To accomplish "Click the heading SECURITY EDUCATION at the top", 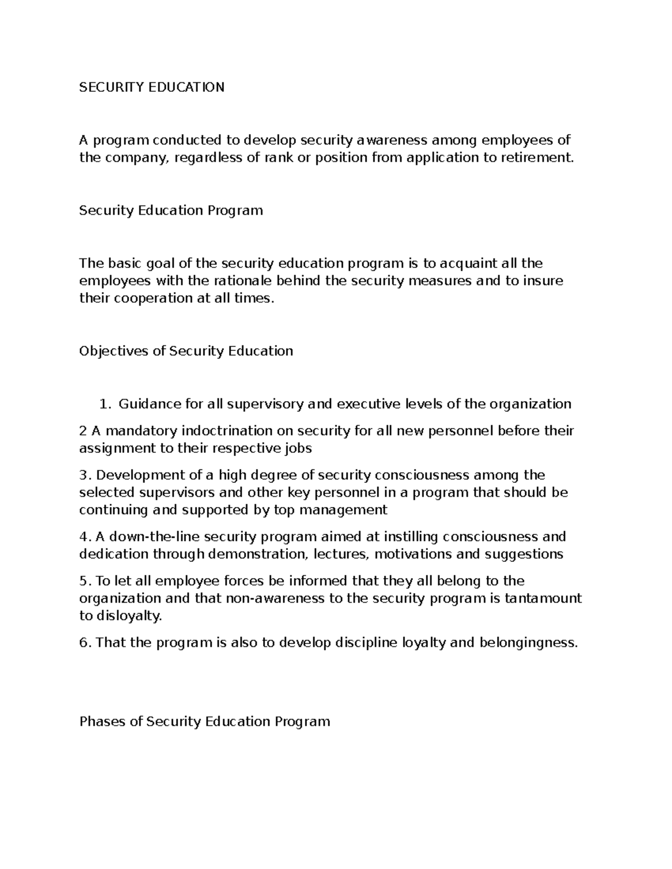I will (x=152, y=87).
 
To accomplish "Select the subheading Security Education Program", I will (x=171, y=211).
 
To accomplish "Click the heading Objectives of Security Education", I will (x=186, y=351).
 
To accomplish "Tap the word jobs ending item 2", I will (x=298, y=449).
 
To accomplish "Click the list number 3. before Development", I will (x=85, y=476).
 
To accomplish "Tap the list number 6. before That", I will (x=85, y=643).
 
